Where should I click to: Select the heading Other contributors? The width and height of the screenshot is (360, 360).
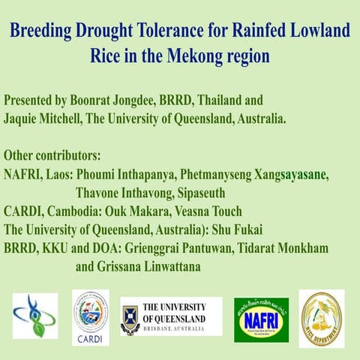tap(52, 156)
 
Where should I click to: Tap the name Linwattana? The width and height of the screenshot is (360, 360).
tap(187, 265)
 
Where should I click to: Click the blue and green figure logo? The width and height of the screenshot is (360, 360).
tap(34, 315)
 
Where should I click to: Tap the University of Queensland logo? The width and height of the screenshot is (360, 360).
tap(172, 316)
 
